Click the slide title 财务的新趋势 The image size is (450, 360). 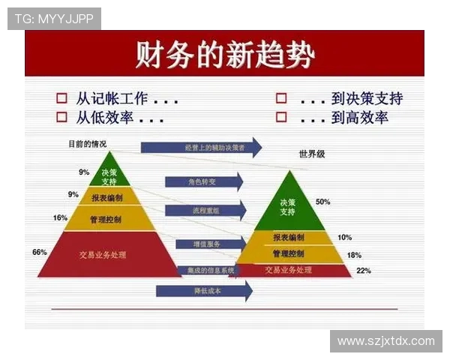(224, 55)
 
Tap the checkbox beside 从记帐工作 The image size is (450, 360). (62, 99)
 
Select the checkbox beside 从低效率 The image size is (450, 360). (62, 117)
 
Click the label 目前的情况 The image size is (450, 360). (87, 143)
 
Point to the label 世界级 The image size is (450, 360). (311, 155)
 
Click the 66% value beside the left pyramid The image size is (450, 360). (40, 252)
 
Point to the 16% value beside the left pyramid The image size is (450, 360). (60, 218)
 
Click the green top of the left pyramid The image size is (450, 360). (109, 176)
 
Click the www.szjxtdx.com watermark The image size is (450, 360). (385, 341)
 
